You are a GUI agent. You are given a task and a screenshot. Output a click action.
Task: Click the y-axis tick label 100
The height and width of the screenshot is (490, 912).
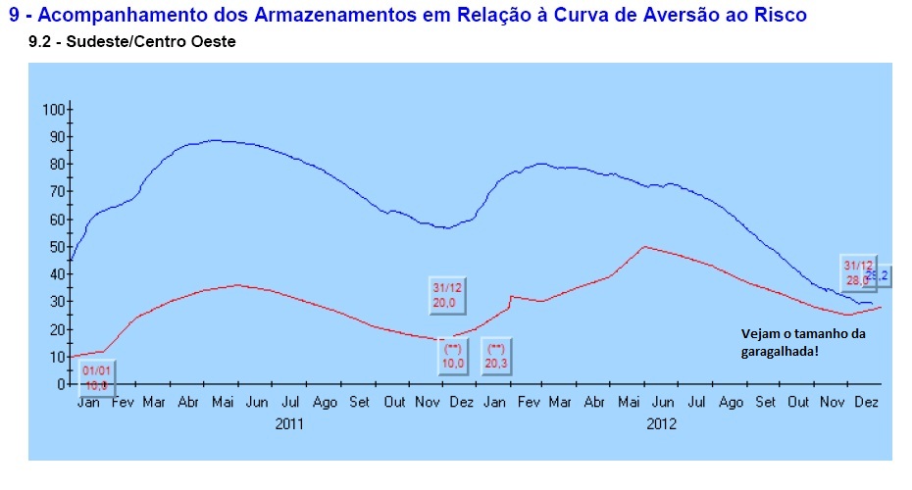52,109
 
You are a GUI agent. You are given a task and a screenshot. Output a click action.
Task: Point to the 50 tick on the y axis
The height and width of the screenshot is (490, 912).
55,246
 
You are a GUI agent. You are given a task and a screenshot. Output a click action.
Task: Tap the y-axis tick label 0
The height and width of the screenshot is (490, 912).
59,384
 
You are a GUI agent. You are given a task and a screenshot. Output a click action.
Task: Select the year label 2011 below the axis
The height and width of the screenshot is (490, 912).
289,424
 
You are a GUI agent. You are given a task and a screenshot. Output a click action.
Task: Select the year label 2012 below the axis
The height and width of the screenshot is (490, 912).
663,424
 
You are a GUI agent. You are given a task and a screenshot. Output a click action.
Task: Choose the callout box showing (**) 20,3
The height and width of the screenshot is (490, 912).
497,356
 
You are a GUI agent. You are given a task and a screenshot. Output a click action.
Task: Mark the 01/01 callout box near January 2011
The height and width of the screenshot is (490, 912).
96,378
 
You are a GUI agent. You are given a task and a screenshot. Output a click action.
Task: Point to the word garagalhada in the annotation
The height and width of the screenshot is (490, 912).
780,351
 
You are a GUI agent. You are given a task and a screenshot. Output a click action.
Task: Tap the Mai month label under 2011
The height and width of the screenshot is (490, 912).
222,403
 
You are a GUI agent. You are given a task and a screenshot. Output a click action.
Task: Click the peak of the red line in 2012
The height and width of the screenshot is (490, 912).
642,246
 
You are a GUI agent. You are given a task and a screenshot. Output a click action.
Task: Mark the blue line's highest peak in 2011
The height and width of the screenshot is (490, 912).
216,140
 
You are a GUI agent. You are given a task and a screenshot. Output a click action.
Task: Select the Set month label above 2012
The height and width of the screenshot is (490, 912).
766,403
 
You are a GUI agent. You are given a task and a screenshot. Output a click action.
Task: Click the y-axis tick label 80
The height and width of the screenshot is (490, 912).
55,164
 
